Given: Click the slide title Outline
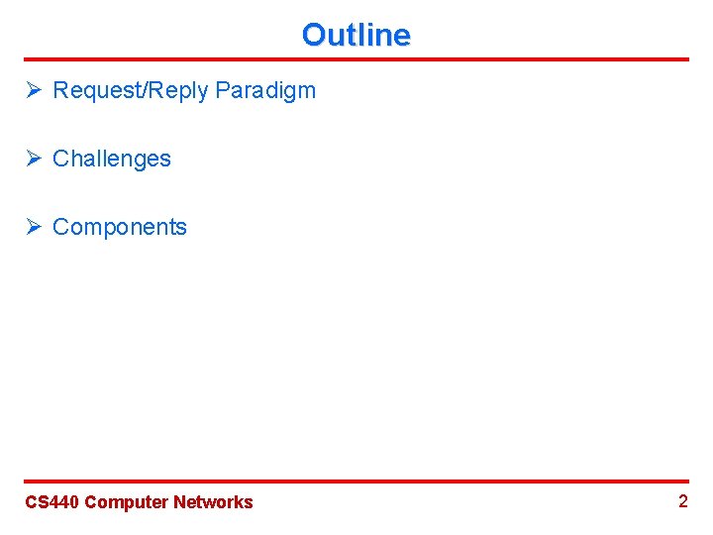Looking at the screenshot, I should pyautogui.click(x=356, y=35).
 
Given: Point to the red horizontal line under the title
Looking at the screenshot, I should pyautogui.click(x=356, y=59).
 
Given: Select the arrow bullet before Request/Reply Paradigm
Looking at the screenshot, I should pyautogui.click(x=34, y=90).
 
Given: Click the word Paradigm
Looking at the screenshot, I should pyautogui.click(x=264, y=91).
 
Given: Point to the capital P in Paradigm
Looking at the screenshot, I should pyautogui.click(x=222, y=90).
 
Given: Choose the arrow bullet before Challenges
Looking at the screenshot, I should pyautogui.click(x=34, y=159).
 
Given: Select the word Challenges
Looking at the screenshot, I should pyautogui.click(x=111, y=159).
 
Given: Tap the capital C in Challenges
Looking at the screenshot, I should pyautogui.click(x=60, y=159).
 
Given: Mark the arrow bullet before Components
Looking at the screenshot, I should pyautogui.click(x=34, y=227).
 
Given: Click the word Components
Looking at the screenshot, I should pyautogui.click(x=119, y=227).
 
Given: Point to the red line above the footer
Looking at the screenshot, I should pyautogui.click(x=356, y=481).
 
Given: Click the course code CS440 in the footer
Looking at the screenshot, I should pyautogui.click(x=51, y=502).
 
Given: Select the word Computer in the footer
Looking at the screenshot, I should pyautogui.click(x=127, y=502).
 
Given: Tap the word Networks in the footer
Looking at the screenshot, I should pyautogui.click(x=213, y=502).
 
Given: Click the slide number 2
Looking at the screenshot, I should pyautogui.click(x=682, y=501).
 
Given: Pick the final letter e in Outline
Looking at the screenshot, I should pyautogui.click(x=402, y=36).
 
